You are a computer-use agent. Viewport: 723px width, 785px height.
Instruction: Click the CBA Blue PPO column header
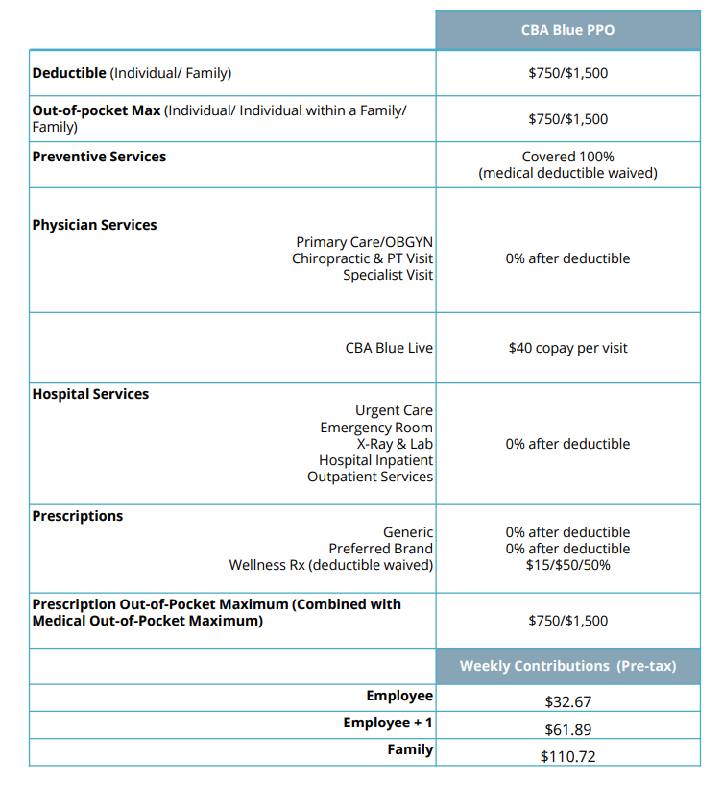[x=567, y=30]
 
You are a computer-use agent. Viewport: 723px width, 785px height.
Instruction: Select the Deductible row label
[x=69, y=73]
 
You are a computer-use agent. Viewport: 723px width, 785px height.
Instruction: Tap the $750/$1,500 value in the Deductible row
[x=567, y=73]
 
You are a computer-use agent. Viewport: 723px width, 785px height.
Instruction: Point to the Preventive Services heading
[x=99, y=157]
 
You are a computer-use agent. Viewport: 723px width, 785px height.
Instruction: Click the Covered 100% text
[x=567, y=157]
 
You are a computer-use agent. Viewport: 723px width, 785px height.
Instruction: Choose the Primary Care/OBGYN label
[x=364, y=242]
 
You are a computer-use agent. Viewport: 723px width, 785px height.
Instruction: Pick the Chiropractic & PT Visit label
[x=362, y=258]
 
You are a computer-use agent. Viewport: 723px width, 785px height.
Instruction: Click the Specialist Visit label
[x=388, y=275]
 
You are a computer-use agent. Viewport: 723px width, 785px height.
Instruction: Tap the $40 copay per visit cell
[x=567, y=348]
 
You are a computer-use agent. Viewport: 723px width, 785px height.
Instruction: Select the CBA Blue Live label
[x=389, y=348]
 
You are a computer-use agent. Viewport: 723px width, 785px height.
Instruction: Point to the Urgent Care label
[x=394, y=411]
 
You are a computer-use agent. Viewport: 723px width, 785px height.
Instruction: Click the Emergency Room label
[x=376, y=428]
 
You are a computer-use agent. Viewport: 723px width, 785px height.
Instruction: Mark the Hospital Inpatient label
[x=375, y=460]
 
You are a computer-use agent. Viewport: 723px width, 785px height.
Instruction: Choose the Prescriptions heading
[x=78, y=516]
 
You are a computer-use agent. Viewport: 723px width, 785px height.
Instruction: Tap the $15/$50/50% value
[x=567, y=565]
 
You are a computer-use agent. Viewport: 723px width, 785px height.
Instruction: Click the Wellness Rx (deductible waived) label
[x=330, y=565]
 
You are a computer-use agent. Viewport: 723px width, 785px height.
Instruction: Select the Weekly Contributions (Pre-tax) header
[x=567, y=666]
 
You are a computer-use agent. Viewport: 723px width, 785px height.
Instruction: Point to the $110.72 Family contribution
[x=567, y=756]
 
